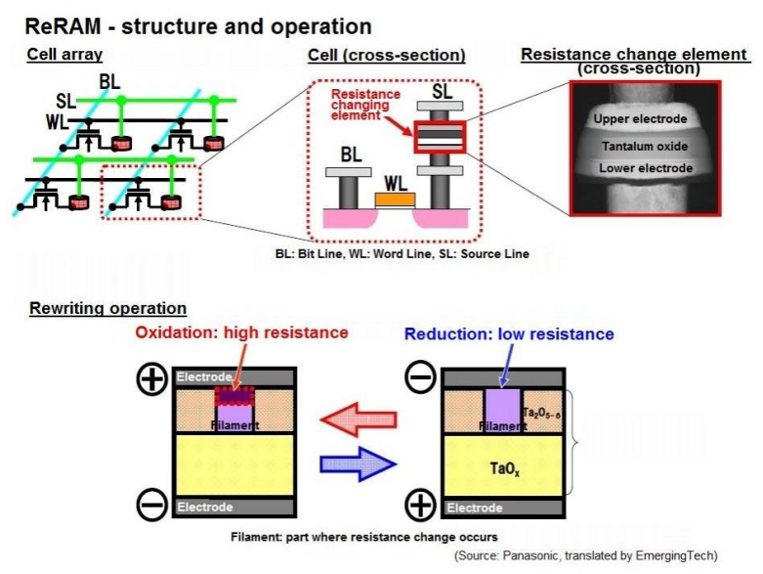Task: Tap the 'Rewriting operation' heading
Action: coord(107,309)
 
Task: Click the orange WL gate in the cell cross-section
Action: coord(396,199)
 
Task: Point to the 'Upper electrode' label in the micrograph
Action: coord(641,119)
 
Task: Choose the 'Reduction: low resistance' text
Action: coord(509,334)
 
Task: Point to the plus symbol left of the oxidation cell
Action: coord(151,379)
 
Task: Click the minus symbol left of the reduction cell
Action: coord(420,379)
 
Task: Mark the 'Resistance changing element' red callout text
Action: coord(360,103)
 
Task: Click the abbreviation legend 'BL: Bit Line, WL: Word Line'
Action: coord(403,254)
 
